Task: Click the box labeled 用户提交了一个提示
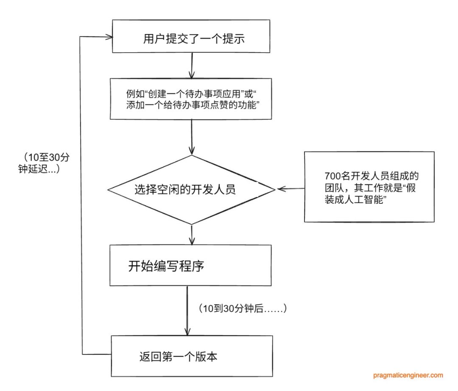coord(191,36)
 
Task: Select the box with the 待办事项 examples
coord(191,99)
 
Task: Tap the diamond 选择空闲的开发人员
coord(191,190)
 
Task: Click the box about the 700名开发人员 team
coord(369,187)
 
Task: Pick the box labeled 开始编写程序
coord(190,265)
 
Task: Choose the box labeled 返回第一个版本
coord(192,356)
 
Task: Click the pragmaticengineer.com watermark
coord(408,375)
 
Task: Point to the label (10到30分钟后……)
coord(243,308)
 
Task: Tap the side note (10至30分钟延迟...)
coord(44,163)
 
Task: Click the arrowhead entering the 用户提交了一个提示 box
coord(110,37)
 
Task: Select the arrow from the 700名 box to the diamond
coord(290,189)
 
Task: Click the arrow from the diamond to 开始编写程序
coord(192,235)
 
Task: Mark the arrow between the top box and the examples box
coord(192,66)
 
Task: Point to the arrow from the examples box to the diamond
coord(192,137)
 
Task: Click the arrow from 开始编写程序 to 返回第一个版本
coord(187,311)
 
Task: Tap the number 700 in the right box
coord(333,176)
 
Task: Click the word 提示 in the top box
coord(234,39)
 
